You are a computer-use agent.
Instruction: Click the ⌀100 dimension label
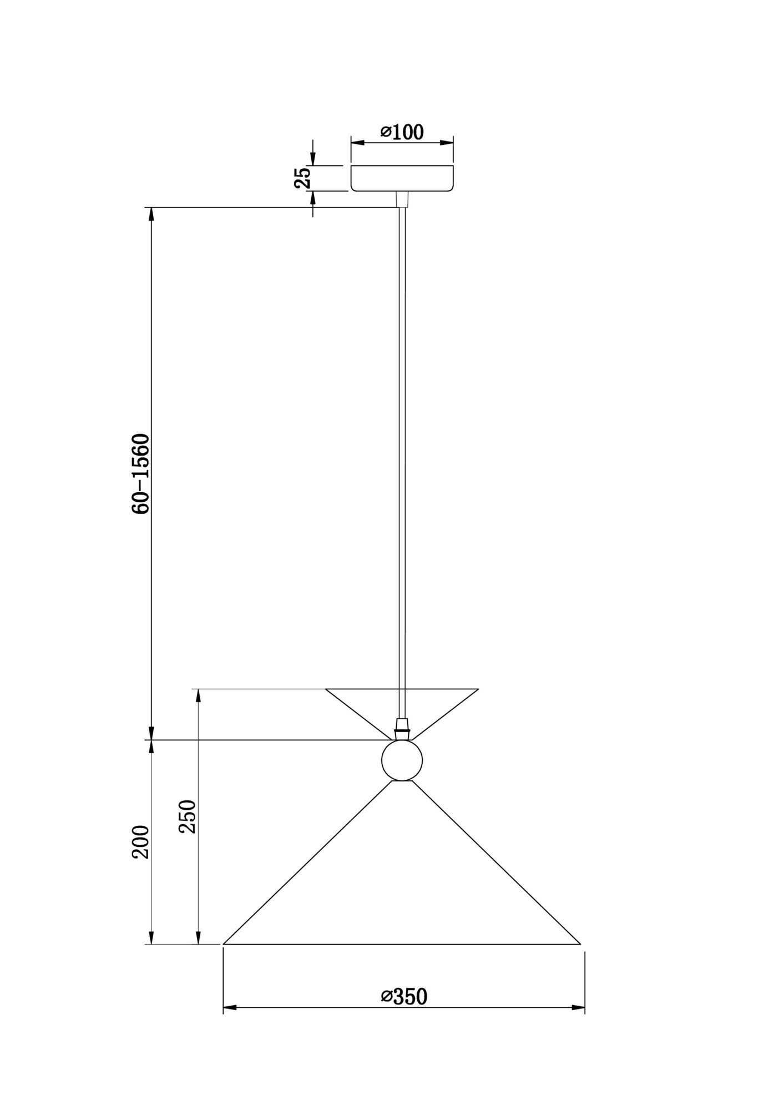(x=402, y=132)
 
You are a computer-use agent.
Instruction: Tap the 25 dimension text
(x=303, y=178)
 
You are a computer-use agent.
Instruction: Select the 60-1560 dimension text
(x=141, y=474)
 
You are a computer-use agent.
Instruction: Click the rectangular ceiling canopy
(x=402, y=178)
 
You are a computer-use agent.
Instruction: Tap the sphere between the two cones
(x=402, y=760)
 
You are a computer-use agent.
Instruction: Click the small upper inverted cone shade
(x=402, y=713)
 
